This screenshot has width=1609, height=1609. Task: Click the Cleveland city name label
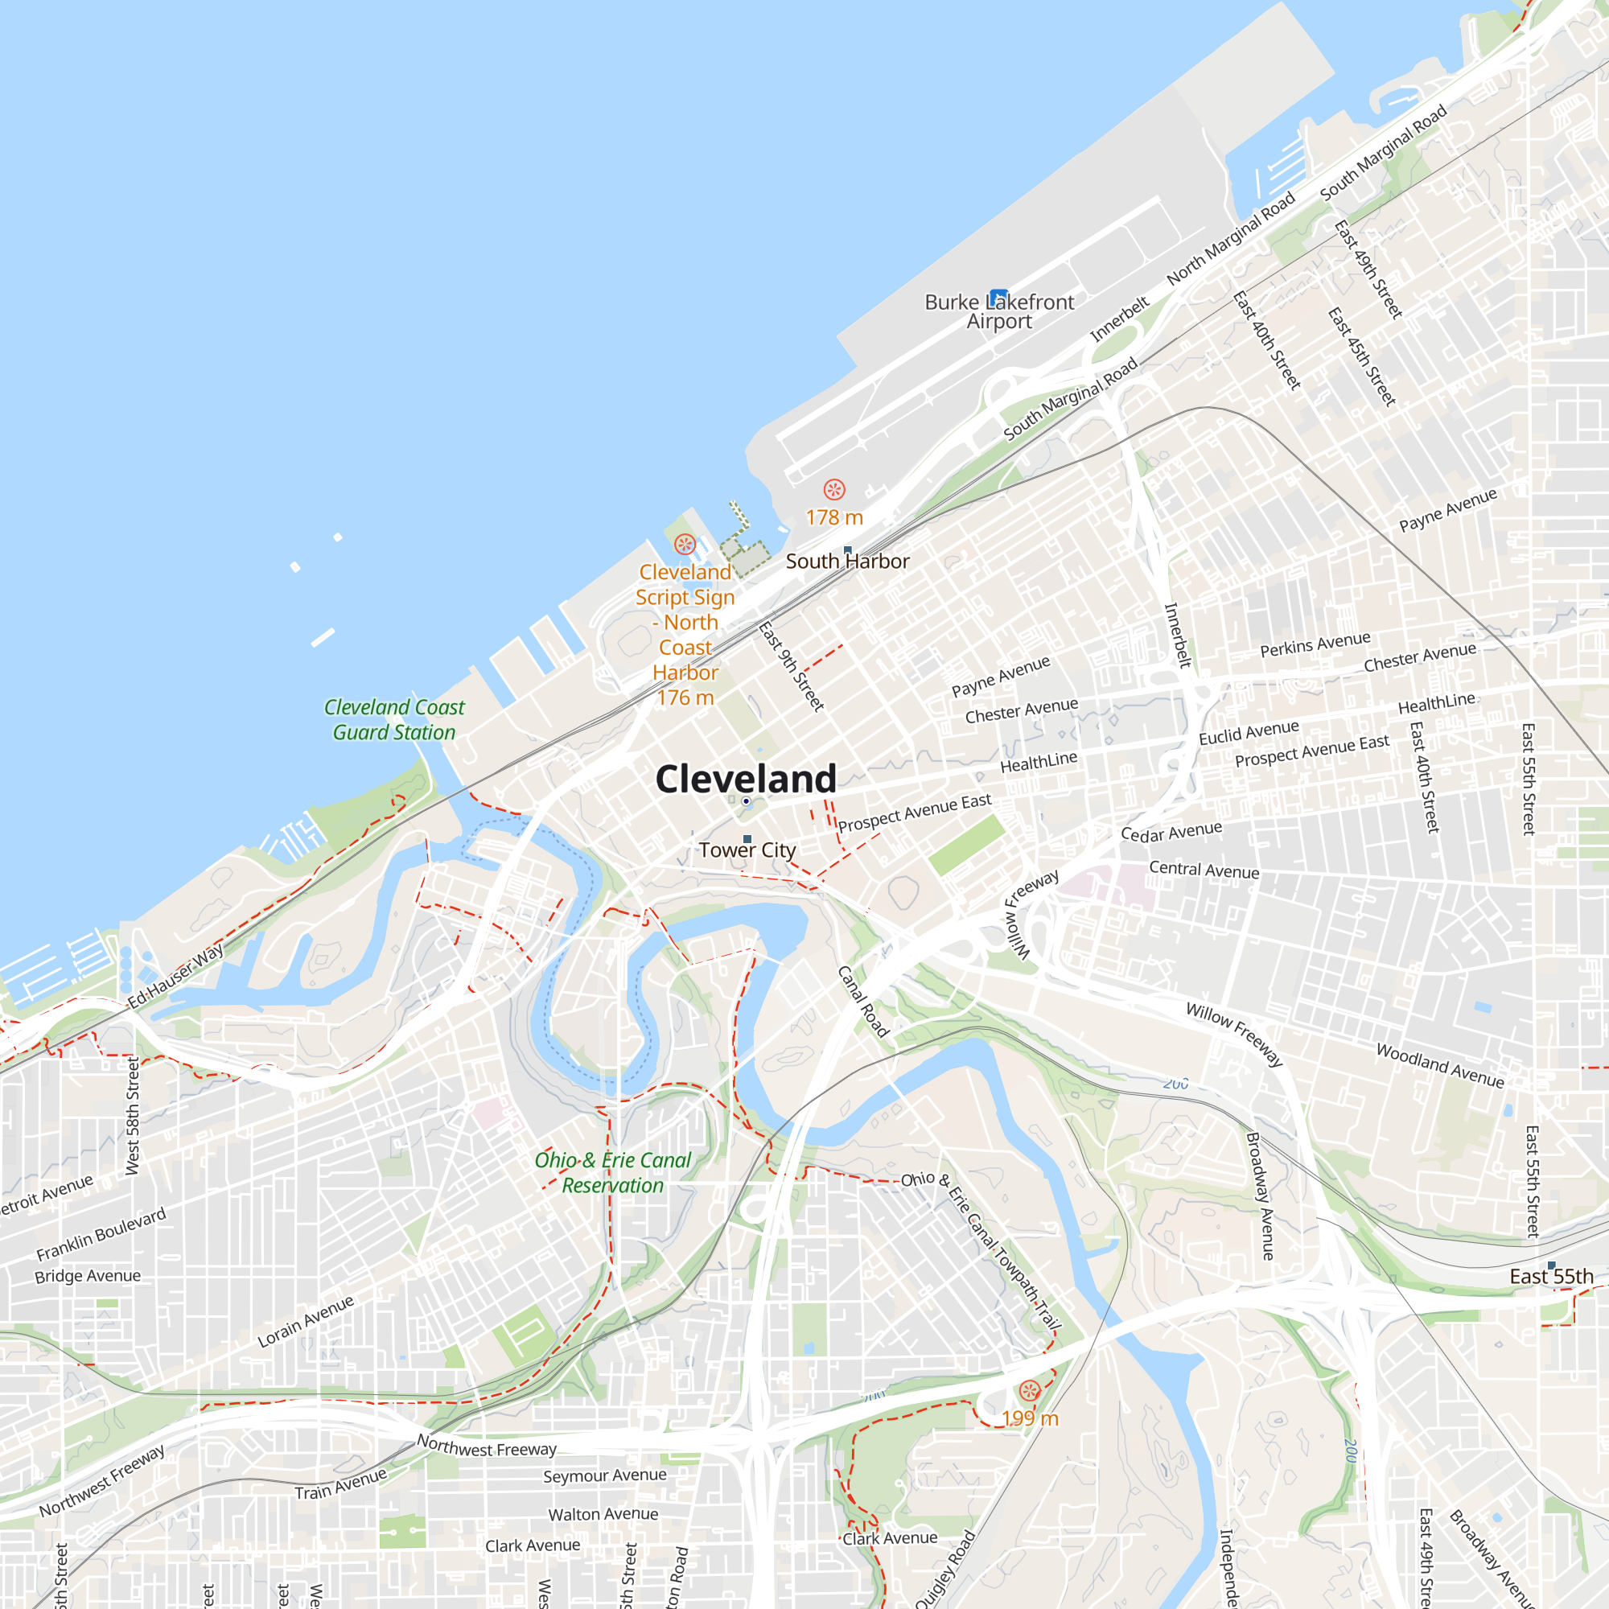pyautogui.click(x=746, y=779)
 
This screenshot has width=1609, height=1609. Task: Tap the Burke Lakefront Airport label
pyautogui.click(x=998, y=312)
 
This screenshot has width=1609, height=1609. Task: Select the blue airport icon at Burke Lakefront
pyautogui.click(x=998, y=298)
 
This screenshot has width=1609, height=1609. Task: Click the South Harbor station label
pyautogui.click(x=847, y=562)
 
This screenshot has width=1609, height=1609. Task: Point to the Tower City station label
pyautogui.click(x=747, y=850)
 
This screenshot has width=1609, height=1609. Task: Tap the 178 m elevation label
pyautogui.click(x=833, y=517)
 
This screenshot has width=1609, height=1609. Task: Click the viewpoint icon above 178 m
pyautogui.click(x=833, y=490)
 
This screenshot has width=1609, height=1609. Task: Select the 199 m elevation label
pyautogui.click(x=1030, y=1418)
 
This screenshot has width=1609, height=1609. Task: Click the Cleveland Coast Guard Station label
pyautogui.click(x=394, y=719)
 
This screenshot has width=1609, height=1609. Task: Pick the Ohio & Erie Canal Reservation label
pyautogui.click(x=613, y=1173)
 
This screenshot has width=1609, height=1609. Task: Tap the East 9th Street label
pyautogui.click(x=791, y=666)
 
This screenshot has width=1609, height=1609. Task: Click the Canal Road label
pyautogui.click(x=863, y=1001)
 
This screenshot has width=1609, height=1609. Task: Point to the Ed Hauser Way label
pyautogui.click(x=175, y=976)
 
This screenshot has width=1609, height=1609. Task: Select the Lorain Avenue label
pyautogui.click(x=306, y=1322)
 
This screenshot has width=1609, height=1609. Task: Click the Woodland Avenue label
pyautogui.click(x=1440, y=1066)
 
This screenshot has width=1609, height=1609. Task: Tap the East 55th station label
pyautogui.click(x=1551, y=1277)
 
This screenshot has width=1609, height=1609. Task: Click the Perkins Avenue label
pyautogui.click(x=1315, y=644)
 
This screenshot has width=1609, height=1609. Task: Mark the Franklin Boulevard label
pyautogui.click(x=101, y=1233)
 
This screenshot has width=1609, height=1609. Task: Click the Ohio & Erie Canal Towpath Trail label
pyautogui.click(x=981, y=1249)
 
